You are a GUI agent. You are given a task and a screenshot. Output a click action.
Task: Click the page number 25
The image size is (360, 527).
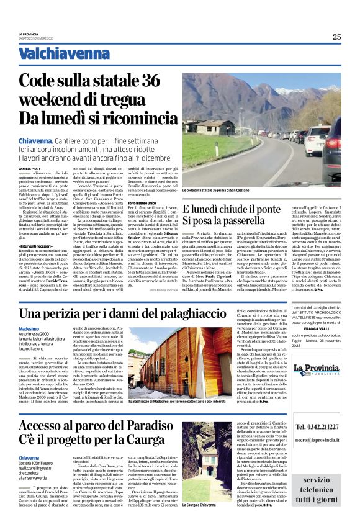pyautogui.click(x=336, y=37)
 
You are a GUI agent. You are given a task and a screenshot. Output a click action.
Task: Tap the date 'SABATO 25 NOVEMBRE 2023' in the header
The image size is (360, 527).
pyautogui.click(x=37, y=40)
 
